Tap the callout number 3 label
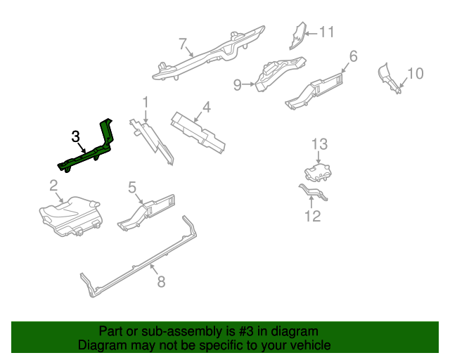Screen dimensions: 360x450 click(76, 136)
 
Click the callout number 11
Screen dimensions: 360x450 click(327, 32)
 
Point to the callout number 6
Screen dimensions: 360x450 click(353, 56)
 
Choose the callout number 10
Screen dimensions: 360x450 click(416, 73)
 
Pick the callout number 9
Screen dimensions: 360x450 click(238, 85)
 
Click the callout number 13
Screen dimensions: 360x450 click(320, 144)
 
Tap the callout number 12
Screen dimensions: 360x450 click(313, 216)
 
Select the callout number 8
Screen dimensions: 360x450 click(161, 282)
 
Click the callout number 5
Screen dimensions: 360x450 click(131, 187)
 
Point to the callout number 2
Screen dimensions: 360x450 click(53, 186)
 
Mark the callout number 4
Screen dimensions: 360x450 click(206, 108)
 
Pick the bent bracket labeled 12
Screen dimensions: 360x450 click(313, 191)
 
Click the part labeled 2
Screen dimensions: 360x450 click(70, 215)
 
